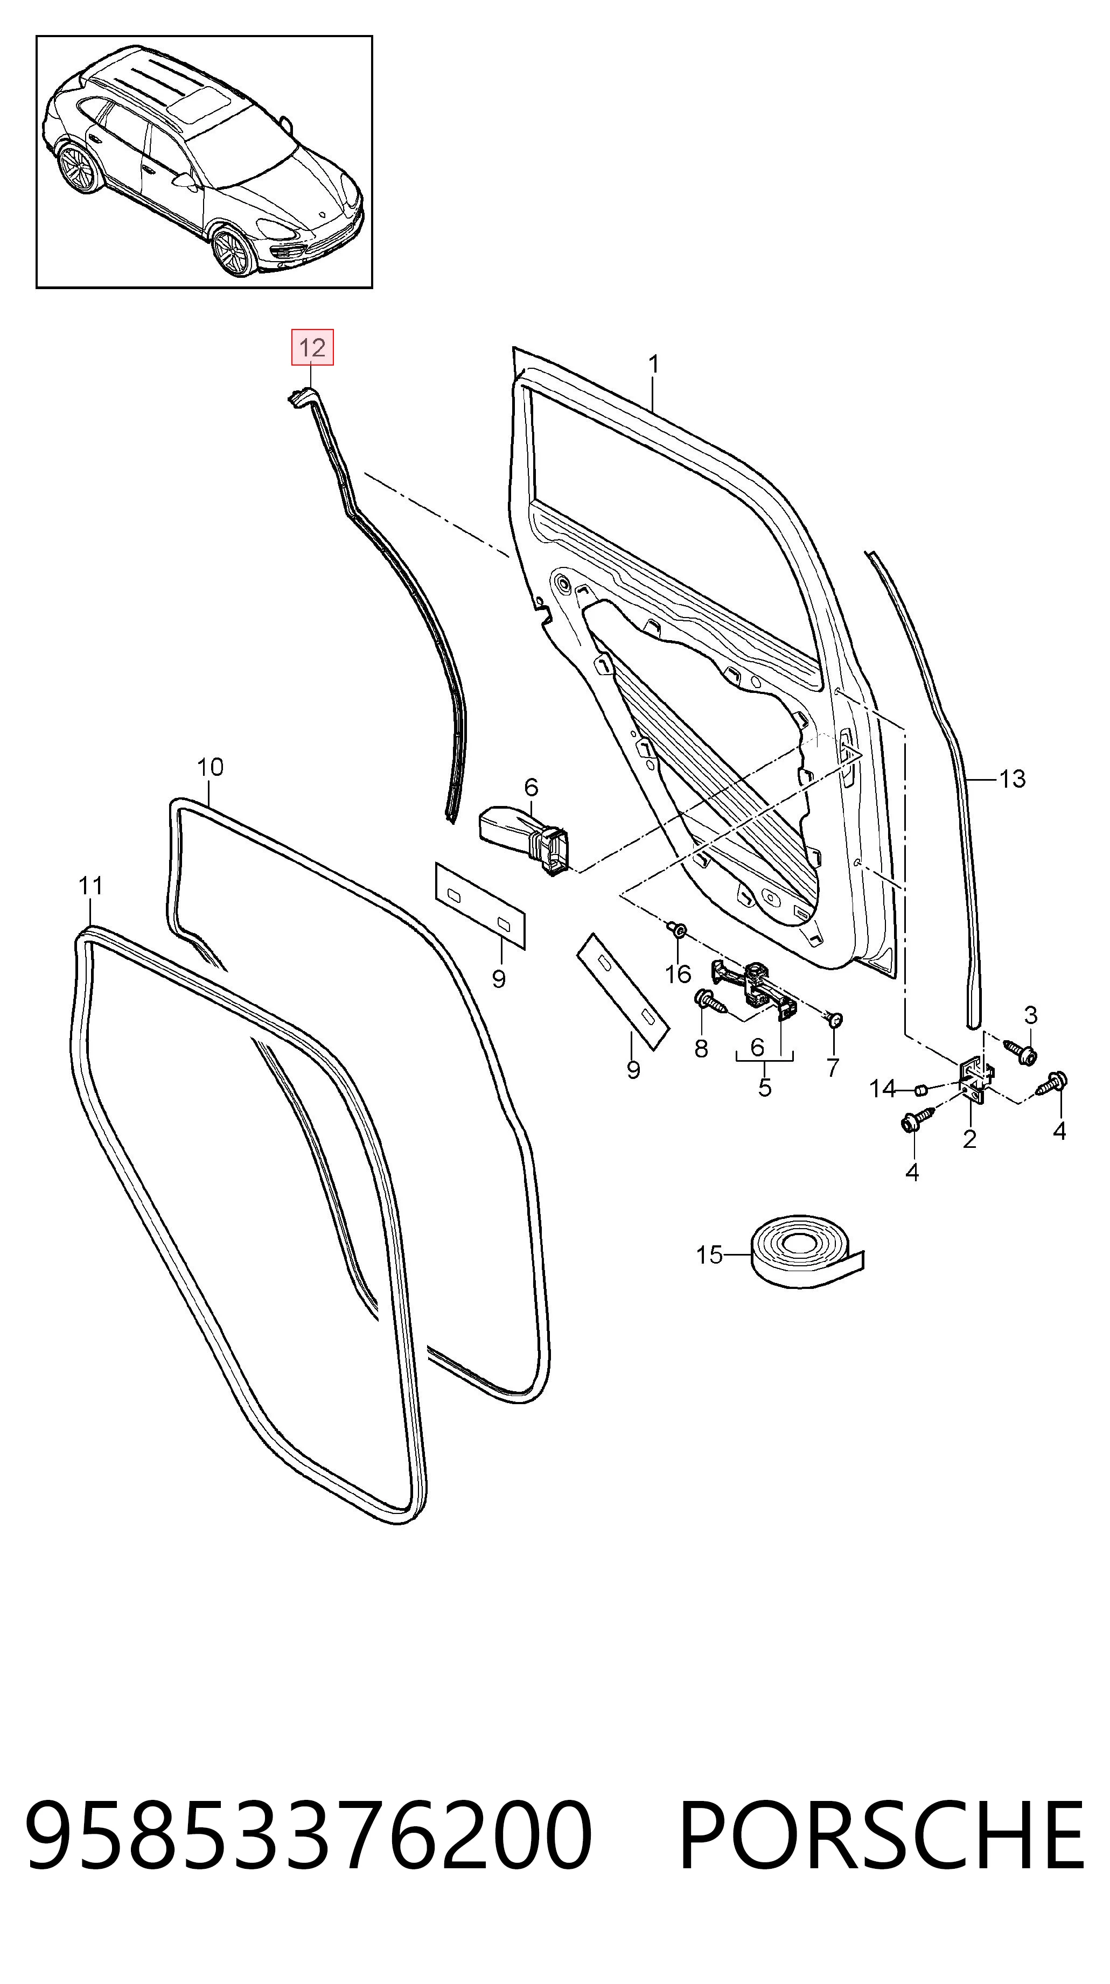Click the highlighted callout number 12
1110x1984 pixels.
pyautogui.click(x=312, y=348)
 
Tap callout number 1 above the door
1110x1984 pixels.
pyautogui.click(x=653, y=364)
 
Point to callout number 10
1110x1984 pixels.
pyautogui.click(x=210, y=767)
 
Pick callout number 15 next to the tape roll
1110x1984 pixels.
pyautogui.click(x=709, y=1256)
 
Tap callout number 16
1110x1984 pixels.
pyautogui.click(x=678, y=975)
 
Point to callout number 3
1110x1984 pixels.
pyautogui.click(x=1031, y=1014)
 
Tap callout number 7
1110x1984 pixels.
pyautogui.click(x=832, y=1068)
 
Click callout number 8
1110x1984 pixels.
pyautogui.click(x=701, y=1048)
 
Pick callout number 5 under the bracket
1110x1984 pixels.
pyautogui.click(x=764, y=1088)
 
